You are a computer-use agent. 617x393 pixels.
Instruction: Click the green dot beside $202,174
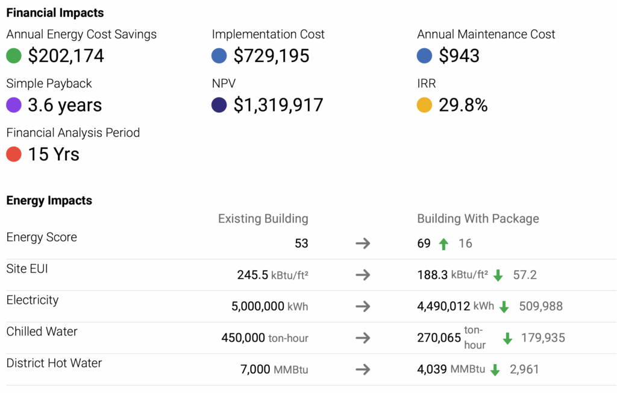click(14, 56)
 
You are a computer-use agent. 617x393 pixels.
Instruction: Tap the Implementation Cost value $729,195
click(271, 56)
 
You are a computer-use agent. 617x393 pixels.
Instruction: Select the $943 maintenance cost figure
click(459, 56)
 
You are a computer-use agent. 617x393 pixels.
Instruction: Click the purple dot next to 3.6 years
click(14, 105)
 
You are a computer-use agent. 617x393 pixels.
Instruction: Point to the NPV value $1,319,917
click(278, 105)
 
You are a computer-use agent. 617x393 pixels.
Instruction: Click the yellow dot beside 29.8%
click(425, 105)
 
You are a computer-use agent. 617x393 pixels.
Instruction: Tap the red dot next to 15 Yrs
click(14, 155)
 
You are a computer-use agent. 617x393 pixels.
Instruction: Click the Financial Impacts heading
click(55, 13)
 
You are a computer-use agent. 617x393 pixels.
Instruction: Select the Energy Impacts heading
click(49, 201)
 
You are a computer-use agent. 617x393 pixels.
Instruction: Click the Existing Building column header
click(263, 219)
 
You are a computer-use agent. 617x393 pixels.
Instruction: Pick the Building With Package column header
click(478, 219)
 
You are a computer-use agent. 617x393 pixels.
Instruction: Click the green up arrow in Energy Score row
click(443, 244)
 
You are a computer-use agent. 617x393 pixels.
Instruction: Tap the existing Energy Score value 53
click(301, 244)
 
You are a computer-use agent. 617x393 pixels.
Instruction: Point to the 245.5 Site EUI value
click(252, 275)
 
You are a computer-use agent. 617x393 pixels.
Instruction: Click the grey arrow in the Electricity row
click(363, 306)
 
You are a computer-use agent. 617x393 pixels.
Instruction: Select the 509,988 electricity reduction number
click(540, 306)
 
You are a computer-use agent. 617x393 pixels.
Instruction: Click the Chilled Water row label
click(42, 332)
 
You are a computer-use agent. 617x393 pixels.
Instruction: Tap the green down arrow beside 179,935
click(507, 338)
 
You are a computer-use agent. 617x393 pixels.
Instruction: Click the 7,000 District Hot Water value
click(255, 369)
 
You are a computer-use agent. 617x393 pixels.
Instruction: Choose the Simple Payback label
click(49, 84)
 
